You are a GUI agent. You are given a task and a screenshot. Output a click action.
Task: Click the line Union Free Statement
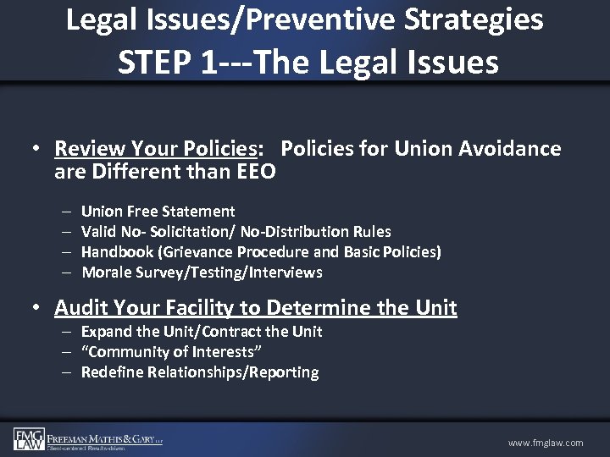pos(158,212)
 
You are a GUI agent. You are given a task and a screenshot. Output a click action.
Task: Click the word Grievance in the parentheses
pos(199,252)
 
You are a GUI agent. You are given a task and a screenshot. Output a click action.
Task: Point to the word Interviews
pos(286,273)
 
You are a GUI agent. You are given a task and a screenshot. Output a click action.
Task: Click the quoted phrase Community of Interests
pos(168,352)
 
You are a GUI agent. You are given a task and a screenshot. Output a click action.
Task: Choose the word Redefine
pos(113,372)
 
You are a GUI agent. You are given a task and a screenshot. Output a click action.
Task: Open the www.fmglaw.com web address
pos(546,443)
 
